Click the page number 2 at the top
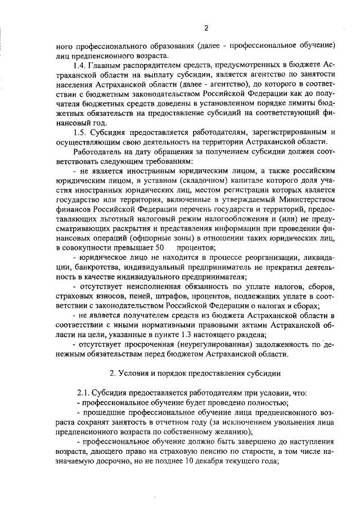tap(206, 28)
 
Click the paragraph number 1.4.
tap(80, 66)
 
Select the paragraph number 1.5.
tap(80, 132)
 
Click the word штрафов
tap(170, 296)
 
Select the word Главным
tap(107, 66)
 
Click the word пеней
tap(135, 296)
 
